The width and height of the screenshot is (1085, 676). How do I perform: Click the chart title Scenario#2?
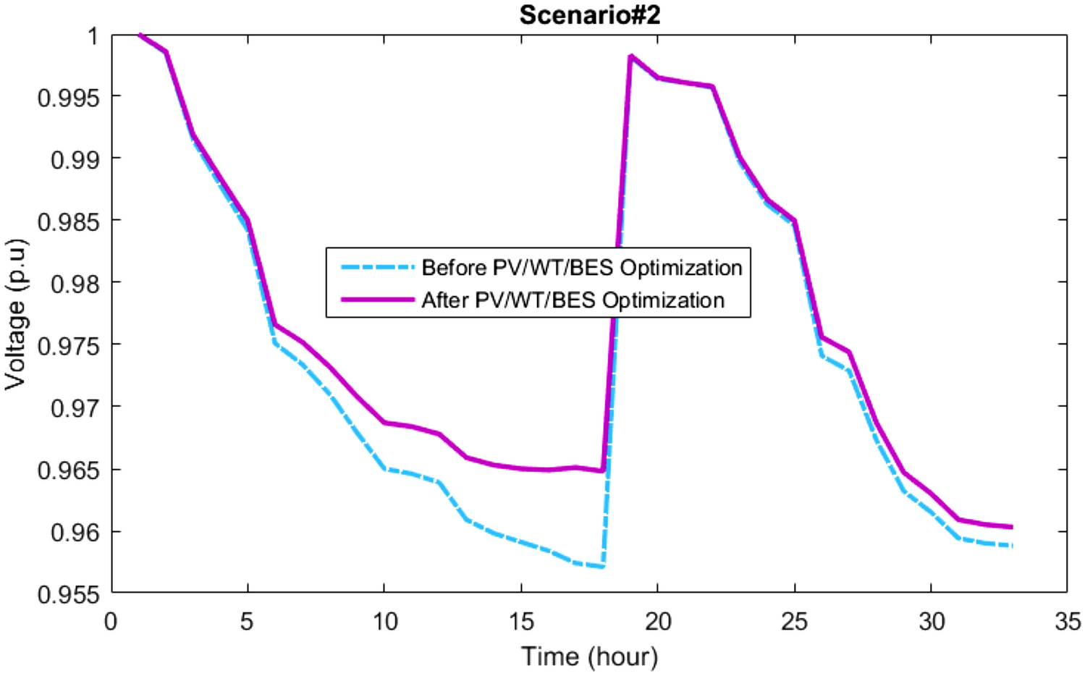pyautogui.click(x=589, y=15)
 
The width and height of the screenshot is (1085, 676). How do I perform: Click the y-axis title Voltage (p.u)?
pyautogui.click(x=16, y=313)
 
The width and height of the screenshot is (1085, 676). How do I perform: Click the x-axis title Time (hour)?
pyautogui.click(x=589, y=656)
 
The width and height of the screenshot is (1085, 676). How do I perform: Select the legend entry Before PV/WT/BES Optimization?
pyautogui.click(x=581, y=268)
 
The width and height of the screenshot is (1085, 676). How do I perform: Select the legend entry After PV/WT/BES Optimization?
pyautogui.click(x=573, y=300)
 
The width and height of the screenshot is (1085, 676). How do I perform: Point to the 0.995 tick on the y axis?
pyautogui.click(x=68, y=97)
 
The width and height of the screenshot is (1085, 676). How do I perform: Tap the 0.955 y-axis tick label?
pyautogui.click(x=68, y=594)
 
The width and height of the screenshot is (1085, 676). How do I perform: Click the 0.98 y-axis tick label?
pyautogui.click(x=75, y=283)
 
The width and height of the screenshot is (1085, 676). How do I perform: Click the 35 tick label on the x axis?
pyautogui.click(x=1067, y=622)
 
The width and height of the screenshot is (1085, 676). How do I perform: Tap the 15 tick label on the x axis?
pyautogui.click(x=520, y=622)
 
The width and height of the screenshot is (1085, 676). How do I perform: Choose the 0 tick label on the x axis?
pyautogui.click(x=111, y=622)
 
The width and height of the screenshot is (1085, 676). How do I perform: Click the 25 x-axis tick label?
pyautogui.click(x=794, y=622)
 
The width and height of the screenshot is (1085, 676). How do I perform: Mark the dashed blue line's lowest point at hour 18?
pyautogui.click(x=603, y=566)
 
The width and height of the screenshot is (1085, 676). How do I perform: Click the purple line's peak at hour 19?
pyautogui.click(x=630, y=56)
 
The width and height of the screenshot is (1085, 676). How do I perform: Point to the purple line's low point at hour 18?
pyautogui.click(x=603, y=471)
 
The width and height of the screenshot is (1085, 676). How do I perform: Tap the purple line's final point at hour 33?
pyautogui.click(x=1012, y=527)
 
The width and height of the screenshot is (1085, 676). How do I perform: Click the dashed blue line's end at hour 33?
pyautogui.click(x=1012, y=546)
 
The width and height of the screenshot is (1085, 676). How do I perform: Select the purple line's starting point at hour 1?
pyautogui.click(x=139, y=34)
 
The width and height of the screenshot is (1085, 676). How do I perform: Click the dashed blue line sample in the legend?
pyautogui.click(x=377, y=267)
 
